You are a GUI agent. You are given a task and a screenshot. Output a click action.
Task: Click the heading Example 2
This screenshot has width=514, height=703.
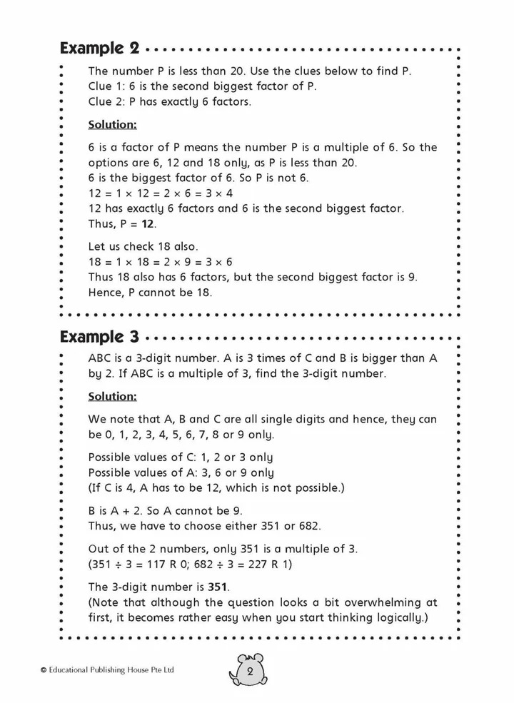click(x=99, y=49)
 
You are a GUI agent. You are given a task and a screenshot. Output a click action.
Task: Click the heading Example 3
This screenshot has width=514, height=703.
click(x=99, y=335)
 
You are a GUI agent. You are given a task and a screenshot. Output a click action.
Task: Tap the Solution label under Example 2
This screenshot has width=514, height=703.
click(x=111, y=124)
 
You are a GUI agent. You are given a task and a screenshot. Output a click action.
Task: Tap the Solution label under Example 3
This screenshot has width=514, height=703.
click(x=111, y=395)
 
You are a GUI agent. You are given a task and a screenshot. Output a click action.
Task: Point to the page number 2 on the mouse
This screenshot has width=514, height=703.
click(x=251, y=672)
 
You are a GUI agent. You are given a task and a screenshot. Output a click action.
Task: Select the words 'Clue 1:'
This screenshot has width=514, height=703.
click(x=105, y=86)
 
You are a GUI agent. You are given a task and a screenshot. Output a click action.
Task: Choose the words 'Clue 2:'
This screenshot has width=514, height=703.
click(x=105, y=101)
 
